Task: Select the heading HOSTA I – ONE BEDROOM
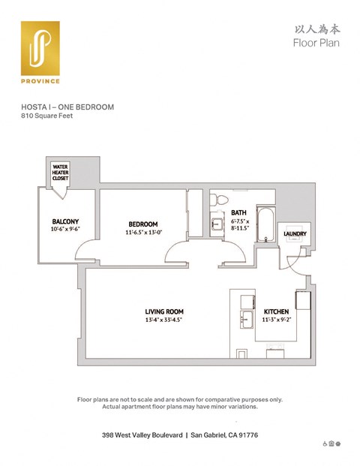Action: [67, 107]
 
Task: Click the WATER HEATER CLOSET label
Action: [60, 173]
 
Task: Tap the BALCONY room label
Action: [66, 221]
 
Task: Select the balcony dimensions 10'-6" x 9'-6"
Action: [66, 230]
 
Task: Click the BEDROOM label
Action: [142, 224]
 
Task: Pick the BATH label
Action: [239, 212]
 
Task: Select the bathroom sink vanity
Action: [217, 224]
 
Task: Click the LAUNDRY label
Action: [293, 234]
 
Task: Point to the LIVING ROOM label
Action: [164, 311]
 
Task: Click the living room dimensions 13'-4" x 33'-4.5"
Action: [164, 320]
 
